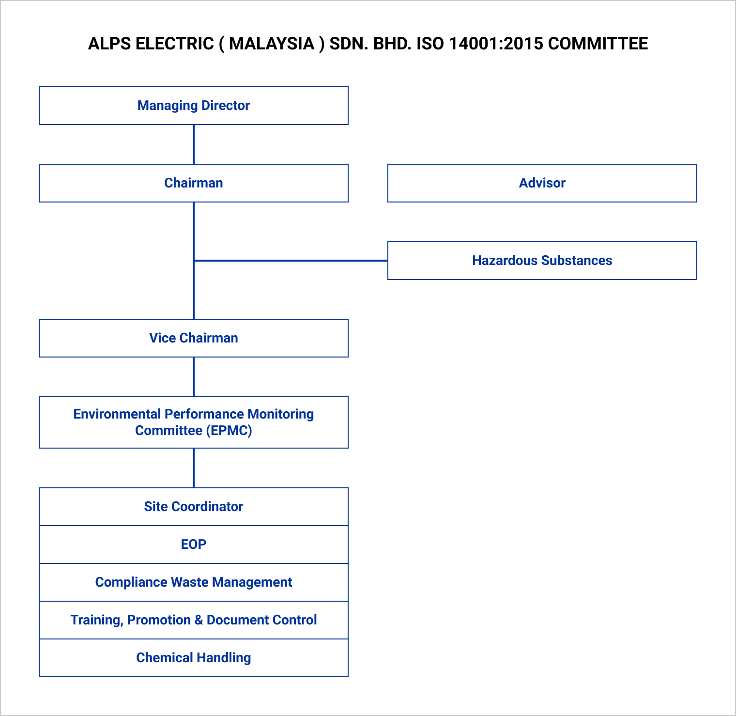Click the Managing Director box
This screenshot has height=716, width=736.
(x=194, y=106)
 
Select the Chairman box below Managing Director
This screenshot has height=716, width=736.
(x=194, y=183)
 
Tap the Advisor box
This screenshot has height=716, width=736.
(x=542, y=183)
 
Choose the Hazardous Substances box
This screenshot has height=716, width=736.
(x=542, y=261)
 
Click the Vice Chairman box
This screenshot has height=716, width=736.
(x=194, y=338)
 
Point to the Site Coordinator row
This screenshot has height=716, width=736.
(x=194, y=507)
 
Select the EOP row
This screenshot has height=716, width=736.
(x=194, y=545)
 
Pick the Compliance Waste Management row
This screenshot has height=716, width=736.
(x=194, y=582)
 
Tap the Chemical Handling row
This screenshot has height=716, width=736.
(x=194, y=658)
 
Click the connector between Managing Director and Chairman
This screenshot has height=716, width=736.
(x=194, y=144)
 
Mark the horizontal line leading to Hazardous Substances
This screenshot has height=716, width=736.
(x=291, y=261)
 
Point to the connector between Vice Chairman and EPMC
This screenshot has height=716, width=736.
(x=194, y=377)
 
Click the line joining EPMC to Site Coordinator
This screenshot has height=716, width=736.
(x=194, y=468)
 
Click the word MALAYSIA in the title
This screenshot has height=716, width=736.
(x=272, y=44)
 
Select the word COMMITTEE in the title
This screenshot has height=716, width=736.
(x=598, y=44)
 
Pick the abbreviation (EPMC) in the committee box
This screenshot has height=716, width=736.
(x=229, y=431)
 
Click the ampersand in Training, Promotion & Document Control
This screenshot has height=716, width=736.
(x=199, y=620)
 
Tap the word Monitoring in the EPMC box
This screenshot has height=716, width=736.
(x=280, y=414)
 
